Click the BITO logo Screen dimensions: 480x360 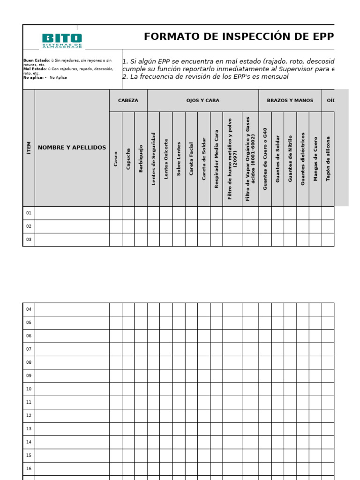(62, 40)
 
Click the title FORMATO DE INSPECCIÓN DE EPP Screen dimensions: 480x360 (239, 37)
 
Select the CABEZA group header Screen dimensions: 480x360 (128, 100)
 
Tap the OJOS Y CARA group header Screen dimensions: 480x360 (202, 100)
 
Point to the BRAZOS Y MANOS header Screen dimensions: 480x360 (290, 100)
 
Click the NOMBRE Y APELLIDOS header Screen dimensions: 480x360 (72, 148)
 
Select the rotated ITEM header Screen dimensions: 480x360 (29, 148)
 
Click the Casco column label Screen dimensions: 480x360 (116, 158)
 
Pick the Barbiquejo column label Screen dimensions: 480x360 (141, 158)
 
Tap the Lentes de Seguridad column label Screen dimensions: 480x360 (153, 158)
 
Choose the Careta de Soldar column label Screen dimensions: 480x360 (204, 158)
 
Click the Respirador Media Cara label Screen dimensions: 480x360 (217, 158)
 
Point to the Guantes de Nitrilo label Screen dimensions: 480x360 (290, 158)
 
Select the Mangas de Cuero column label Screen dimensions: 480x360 (315, 158)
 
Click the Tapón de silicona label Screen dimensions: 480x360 (328, 158)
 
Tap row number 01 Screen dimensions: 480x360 (29, 213)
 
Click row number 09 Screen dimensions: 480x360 (29, 375)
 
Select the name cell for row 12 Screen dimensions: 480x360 (72, 415)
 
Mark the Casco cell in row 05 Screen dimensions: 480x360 (116, 322)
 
